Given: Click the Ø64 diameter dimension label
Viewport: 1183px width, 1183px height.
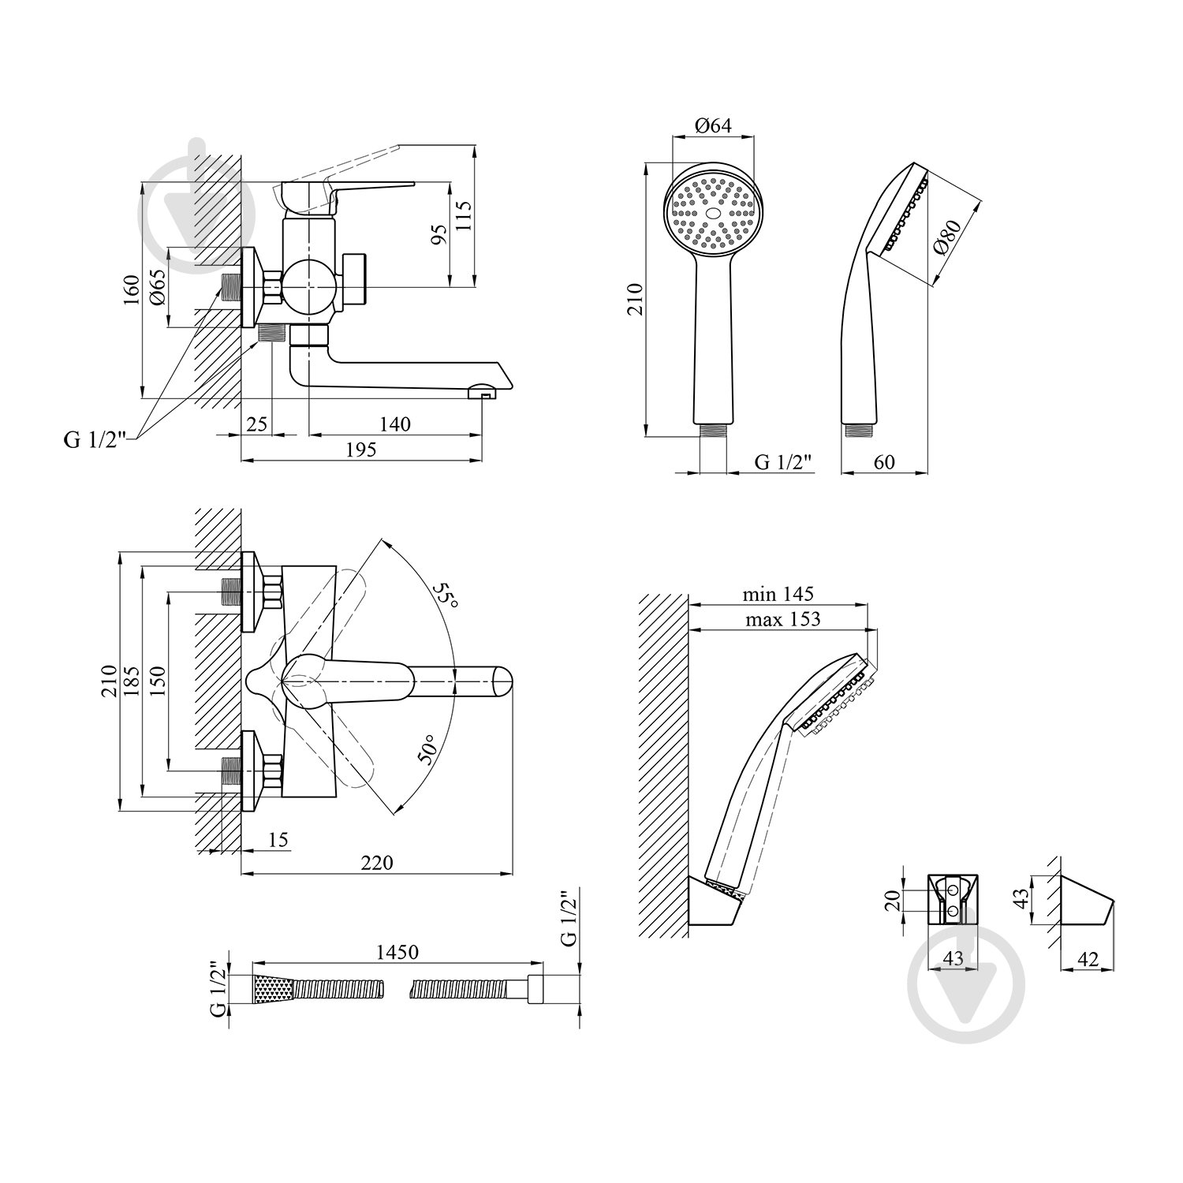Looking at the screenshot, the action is [713, 125].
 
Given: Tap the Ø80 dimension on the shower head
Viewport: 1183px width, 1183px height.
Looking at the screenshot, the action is [946, 237].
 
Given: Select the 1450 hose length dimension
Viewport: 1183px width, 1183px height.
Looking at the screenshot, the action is [397, 952].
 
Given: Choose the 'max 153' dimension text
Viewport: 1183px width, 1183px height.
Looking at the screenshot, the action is [782, 619].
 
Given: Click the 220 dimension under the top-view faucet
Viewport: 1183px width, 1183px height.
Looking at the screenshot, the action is [377, 863].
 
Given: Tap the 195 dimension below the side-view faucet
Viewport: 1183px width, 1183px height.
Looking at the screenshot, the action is [361, 449].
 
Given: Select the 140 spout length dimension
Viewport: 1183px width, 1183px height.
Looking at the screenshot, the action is [395, 424].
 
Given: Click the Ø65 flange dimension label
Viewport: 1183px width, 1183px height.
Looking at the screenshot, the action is [155, 287].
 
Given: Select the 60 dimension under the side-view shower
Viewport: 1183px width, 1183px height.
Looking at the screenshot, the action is [884, 461].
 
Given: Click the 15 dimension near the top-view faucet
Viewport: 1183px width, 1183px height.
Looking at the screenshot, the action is [278, 840].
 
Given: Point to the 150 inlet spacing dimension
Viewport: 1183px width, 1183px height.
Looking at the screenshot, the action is [157, 681].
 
